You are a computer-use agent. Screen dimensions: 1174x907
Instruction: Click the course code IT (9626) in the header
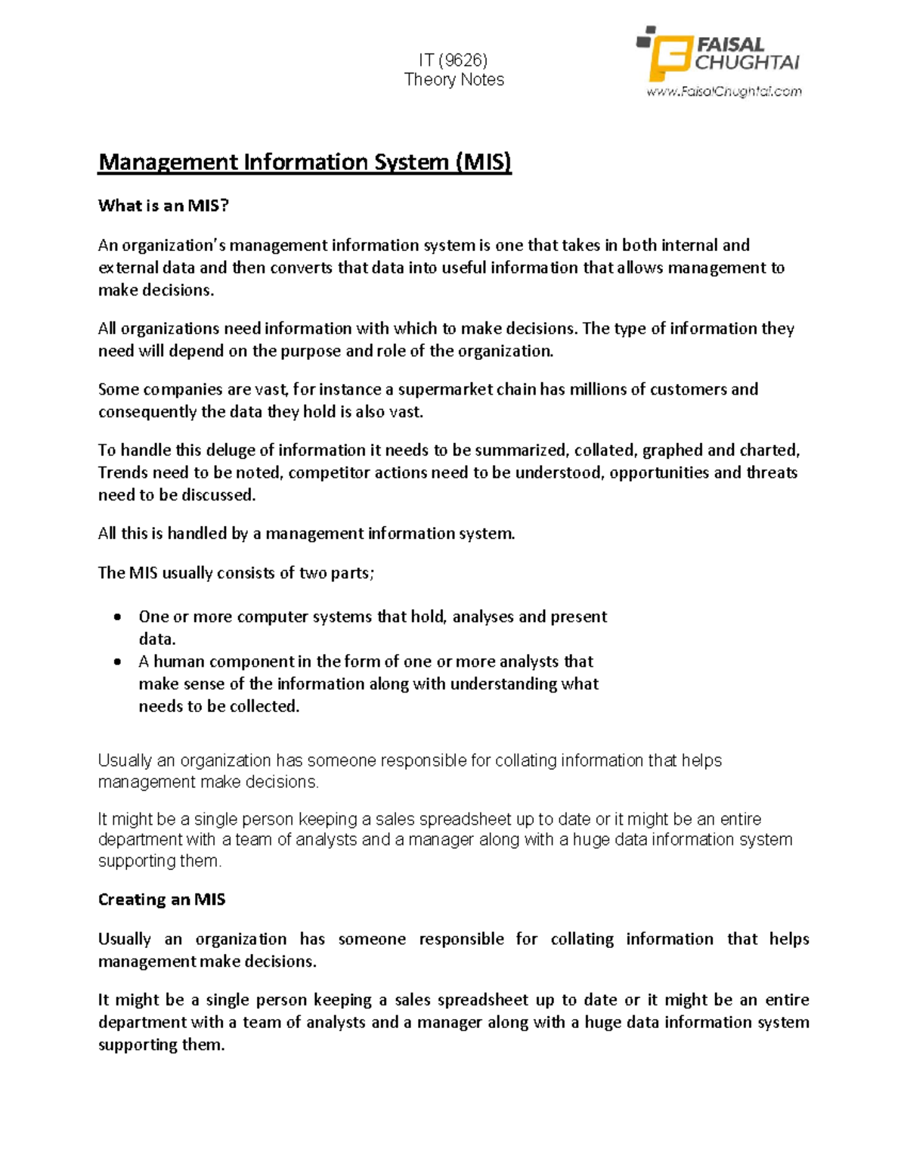coord(453,60)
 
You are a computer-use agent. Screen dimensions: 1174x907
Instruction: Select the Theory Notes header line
coord(453,79)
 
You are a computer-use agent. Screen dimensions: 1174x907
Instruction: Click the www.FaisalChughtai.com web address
coord(723,91)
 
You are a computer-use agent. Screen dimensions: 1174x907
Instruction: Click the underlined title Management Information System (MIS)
coord(305,163)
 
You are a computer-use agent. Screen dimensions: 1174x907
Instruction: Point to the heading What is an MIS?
coord(163,206)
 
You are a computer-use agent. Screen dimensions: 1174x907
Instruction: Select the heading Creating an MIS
coord(162,900)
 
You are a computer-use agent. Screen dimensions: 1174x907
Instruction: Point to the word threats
coord(772,473)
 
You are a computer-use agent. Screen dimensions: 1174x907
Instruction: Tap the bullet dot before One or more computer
coord(117,618)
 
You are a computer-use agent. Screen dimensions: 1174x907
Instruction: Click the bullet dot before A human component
coord(117,662)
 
